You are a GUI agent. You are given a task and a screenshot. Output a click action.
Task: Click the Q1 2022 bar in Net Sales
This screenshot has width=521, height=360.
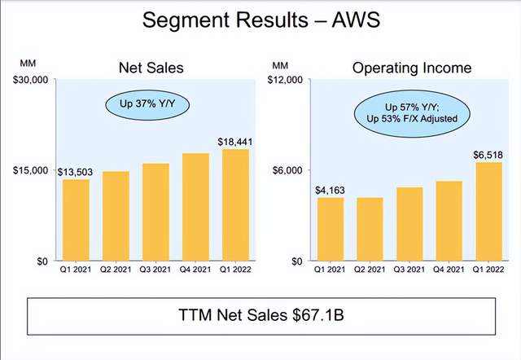[234, 204]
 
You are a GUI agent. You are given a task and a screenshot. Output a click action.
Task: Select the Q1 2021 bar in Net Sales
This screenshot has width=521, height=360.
[77, 219]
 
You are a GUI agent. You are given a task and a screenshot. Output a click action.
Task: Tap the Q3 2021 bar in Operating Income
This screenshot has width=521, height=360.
[409, 223]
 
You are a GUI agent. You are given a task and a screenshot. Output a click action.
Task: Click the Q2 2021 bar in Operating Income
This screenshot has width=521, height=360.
[370, 228]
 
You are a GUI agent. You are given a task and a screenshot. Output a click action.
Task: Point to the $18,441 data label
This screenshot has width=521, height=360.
[234, 142]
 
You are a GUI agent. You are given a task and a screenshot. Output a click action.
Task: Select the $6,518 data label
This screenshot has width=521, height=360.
[488, 155]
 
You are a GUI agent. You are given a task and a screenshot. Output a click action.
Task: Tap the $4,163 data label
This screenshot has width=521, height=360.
[331, 190]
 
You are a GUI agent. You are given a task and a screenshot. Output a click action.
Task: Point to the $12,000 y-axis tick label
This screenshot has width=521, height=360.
[287, 80]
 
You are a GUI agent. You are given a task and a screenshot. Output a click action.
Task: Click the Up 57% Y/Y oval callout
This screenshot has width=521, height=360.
[410, 113]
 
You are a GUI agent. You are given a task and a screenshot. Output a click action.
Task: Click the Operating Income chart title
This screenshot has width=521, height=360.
[411, 68]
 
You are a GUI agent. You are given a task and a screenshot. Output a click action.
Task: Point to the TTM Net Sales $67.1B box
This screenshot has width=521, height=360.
[261, 314]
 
